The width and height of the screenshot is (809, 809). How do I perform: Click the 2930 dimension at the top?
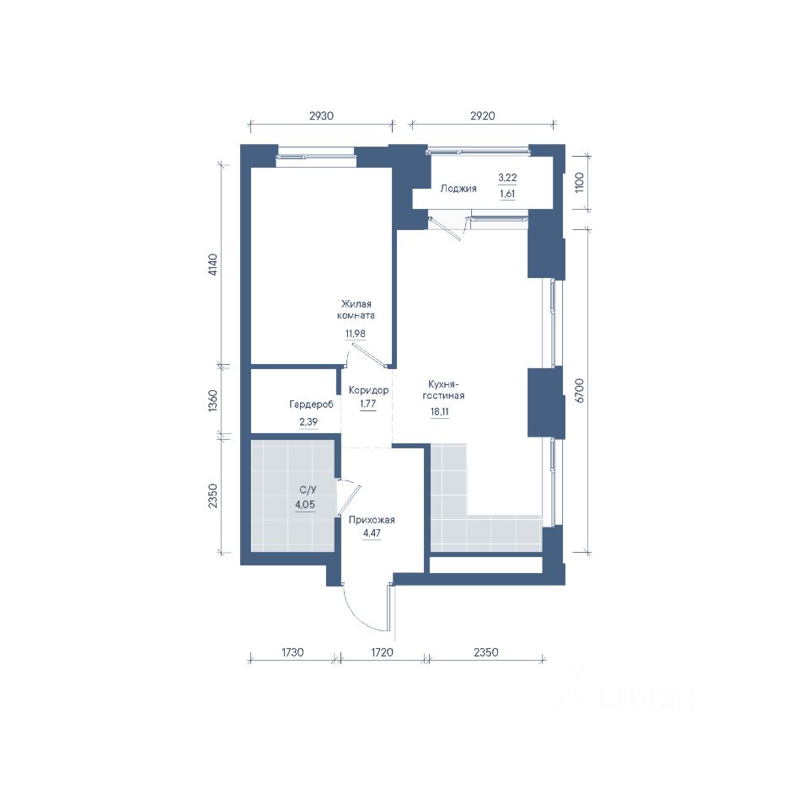[321, 116]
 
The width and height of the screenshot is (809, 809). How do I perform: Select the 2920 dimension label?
[482, 116]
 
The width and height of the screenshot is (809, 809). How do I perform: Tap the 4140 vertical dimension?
[213, 265]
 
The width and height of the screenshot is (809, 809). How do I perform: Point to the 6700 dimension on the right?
[580, 390]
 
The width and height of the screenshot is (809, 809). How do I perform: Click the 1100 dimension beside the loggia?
[579, 182]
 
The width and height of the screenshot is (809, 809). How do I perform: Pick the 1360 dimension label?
[213, 400]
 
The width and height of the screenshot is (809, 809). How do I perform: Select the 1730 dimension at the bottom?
[292, 652]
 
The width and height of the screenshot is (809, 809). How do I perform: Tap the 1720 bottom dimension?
[383, 652]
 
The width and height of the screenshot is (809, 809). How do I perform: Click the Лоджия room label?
[458, 189]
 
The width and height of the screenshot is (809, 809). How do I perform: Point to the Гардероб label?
[311, 404]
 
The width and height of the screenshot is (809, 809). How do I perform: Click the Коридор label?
[368, 390]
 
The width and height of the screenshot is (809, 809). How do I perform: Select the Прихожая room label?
[372, 520]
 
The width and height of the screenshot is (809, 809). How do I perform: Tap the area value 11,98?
[356, 334]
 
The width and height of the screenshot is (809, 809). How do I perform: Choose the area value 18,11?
[440, 412]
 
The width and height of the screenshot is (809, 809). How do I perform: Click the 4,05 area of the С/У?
[305, 505]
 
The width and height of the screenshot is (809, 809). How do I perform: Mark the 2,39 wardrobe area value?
[308, 422]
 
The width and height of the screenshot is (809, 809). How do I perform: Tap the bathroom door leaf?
[349, 501]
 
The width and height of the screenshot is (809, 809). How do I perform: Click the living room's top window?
[316, 157]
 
